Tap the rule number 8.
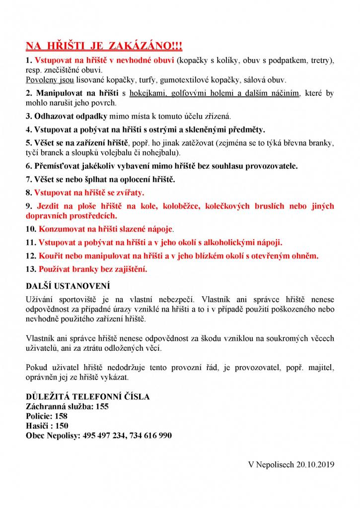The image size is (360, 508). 28,191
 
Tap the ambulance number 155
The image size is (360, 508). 102,406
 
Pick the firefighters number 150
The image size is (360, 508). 61,426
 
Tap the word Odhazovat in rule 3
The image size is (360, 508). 55,117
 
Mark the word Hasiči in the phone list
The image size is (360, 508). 38,426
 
